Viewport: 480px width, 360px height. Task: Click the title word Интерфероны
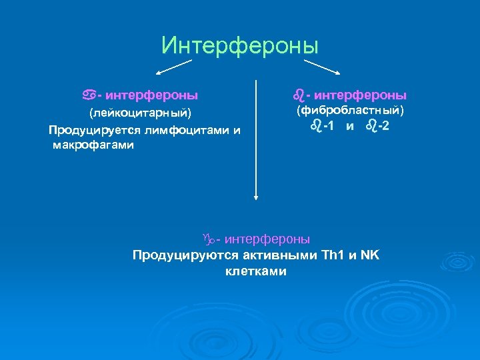(x=240, y=46)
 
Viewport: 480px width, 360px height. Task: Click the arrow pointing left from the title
(x=175, y=67)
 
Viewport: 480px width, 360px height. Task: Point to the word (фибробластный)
(x=350, y=109)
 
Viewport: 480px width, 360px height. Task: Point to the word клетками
(x=256, y=271)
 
